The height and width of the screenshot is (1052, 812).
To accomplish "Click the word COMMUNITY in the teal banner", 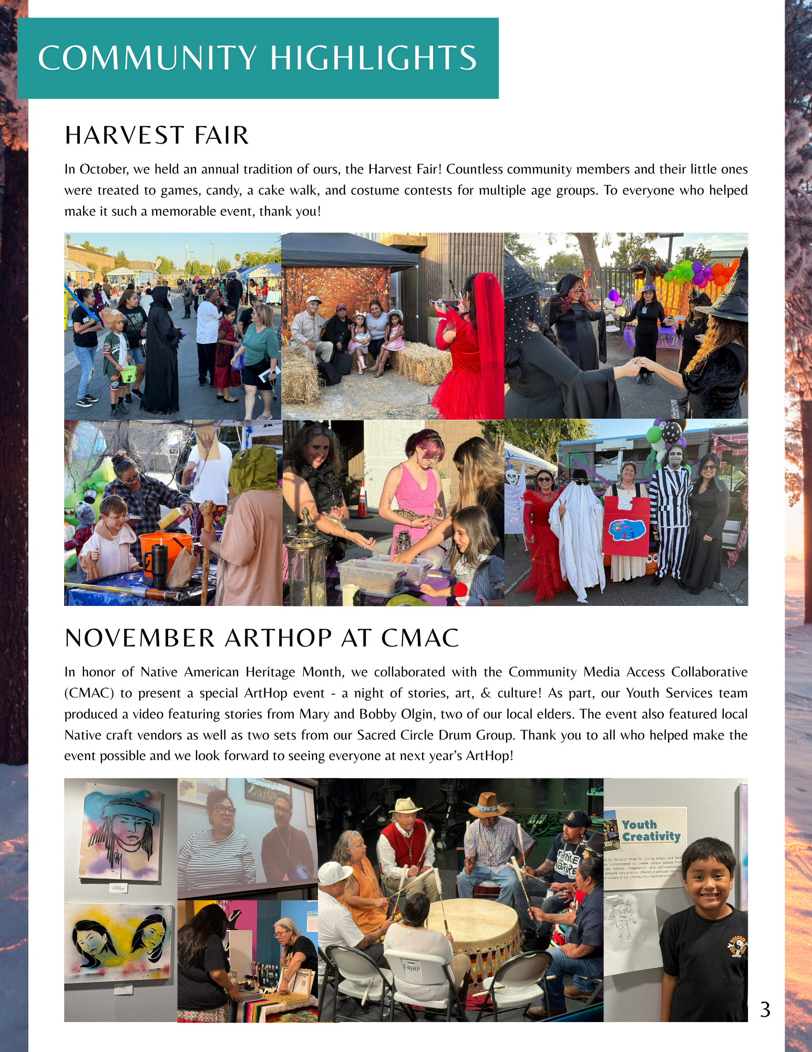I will tap(147, 58).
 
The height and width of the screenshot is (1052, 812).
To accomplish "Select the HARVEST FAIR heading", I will tap(157, 135).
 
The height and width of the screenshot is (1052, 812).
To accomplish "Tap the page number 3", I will tap(765, 1010).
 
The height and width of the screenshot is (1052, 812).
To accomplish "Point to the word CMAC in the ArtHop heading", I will tap(420, 638).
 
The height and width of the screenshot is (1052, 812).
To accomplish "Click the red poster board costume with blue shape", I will tap(626, 528).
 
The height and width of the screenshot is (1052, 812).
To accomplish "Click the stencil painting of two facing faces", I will tap(119, 942).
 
